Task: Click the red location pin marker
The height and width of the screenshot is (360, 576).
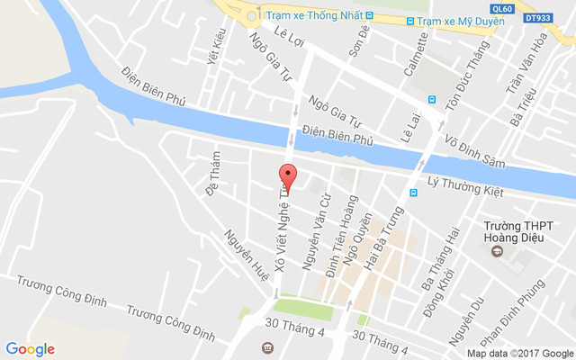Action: [287, 176]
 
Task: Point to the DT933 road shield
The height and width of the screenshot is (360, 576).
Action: [537, 17]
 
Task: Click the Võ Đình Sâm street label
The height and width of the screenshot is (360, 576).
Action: [475, 152]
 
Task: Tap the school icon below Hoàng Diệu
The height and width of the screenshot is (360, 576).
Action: [496, 251]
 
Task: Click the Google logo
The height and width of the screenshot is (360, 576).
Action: [31, 349]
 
